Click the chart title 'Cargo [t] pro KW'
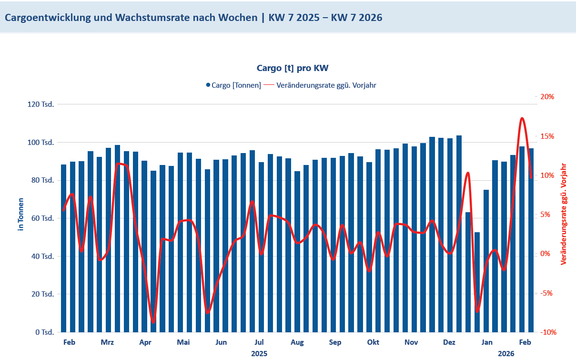(x=292, y=68)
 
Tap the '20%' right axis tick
(x=548, y=97)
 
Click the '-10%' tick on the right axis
(x=547, y=332)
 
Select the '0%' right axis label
(x=549, y=254)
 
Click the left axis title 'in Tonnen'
(x=21, y=214)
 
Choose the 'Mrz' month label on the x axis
(x=107, y=342)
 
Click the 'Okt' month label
(x=373, y=342)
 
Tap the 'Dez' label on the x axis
(x=449, y=342)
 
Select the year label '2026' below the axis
(x=506, y=354)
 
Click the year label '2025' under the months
(x=259, y=354)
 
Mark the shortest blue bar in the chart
(x=477, y=282)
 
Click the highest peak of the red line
(x=522, y=118)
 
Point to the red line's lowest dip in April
(x=153, y=322)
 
